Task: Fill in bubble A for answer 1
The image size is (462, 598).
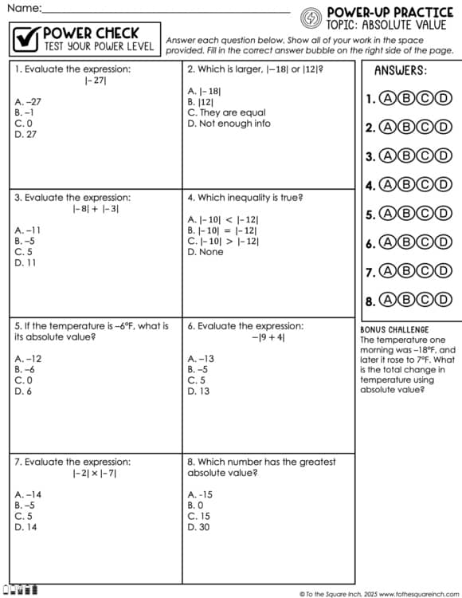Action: coord(388,99)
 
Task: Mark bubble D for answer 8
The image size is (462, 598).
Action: coord(443,301)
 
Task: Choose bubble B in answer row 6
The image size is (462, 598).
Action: coord(406,243)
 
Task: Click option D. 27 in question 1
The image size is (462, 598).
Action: coord(26,135)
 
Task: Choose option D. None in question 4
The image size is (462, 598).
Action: coord(206,252)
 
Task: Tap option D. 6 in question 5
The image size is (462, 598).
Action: coord(24,391)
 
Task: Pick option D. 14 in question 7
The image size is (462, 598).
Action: coord(25,527)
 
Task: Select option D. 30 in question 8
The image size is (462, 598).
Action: coord(198,527)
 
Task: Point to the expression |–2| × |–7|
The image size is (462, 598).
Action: coord(95,473)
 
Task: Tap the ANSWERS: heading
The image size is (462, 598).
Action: coord(400,70)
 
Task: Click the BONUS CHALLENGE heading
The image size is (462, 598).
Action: coord(394,329)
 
